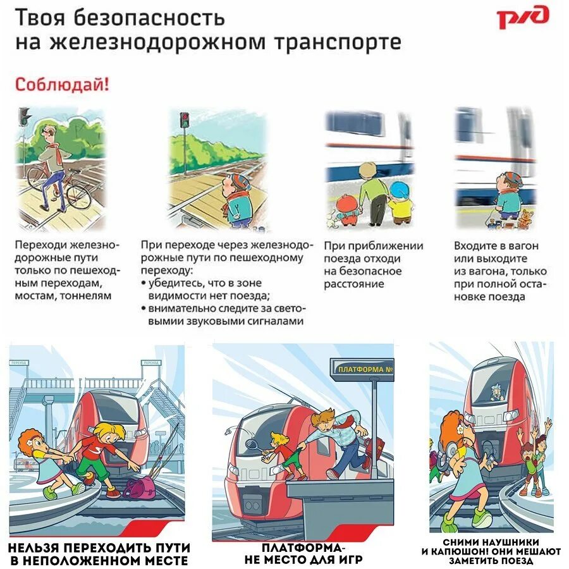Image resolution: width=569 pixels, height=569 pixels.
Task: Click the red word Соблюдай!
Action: coord(62,85)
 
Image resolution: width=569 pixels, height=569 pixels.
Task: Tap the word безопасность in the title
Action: coord(149,18)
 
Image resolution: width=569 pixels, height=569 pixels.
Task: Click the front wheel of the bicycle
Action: coord(79,197)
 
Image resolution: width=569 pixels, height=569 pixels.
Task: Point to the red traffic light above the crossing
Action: coord(185,117)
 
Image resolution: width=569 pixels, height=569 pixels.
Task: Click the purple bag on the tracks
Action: coord(139,487)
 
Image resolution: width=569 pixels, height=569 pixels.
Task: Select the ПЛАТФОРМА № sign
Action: coord(362,369)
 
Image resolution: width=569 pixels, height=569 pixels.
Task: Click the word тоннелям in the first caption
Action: coord(85,296)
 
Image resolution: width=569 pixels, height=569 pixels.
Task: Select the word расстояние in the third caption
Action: coord(354,284)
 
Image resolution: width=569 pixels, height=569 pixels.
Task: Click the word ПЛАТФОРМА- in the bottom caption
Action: coord(303,548)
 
